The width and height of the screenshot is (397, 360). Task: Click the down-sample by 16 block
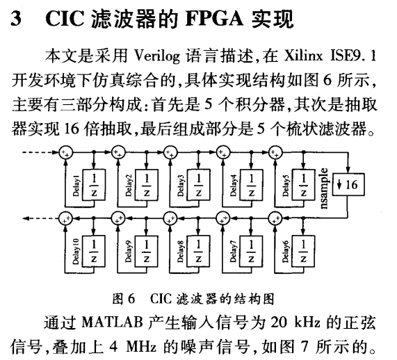(348, 184)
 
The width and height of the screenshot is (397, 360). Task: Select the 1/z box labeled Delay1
(94, 185)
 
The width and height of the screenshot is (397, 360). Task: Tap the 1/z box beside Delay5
(304, 185)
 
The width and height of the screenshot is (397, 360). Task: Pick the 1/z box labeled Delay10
(94, 251)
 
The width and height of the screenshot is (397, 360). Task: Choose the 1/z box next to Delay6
(303, 251)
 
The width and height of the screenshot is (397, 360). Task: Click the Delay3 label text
(181, 186)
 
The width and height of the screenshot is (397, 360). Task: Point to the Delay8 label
(181, 252)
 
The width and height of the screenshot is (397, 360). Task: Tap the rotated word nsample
(324, 188)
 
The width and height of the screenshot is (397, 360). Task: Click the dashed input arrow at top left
(41, 152)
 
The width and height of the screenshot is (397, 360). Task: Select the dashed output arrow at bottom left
(41, 218)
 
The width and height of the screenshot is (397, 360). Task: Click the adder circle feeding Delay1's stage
(66, 152)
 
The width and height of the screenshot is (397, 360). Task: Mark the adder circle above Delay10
(65, 218)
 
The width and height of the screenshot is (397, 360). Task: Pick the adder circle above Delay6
(275, 218)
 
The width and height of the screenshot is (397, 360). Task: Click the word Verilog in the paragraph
(156, 56)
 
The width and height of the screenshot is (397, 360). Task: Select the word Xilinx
(303, 56)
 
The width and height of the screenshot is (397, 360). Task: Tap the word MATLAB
(112, 322)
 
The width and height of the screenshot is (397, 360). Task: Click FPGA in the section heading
(214, 19)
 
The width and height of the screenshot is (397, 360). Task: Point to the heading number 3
(16, 19)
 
